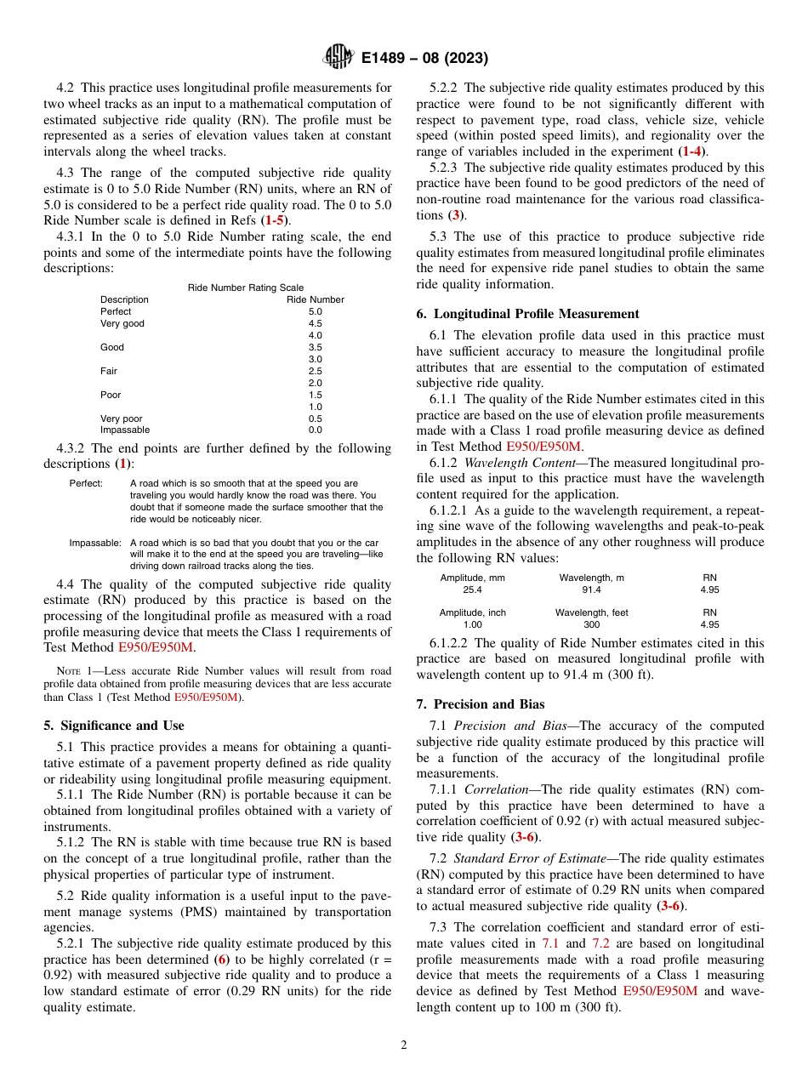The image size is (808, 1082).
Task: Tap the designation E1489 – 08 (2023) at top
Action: pyautogui.click(x=424, y=59)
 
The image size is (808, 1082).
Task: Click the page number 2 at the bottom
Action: pyautogui.click(x=404, y=1045)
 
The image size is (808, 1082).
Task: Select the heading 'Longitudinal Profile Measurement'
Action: pyautogui.click(x=527, y=314)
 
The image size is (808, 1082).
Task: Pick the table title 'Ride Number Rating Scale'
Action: pyautogui.click(x=245, y=288)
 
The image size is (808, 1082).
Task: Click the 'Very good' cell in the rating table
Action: pyautogui.click(x=122, y=323)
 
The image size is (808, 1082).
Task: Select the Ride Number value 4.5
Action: pyautogui.click(x=315, y=323)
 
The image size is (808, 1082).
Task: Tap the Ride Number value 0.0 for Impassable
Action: pyautogui.click(x=315, y=430)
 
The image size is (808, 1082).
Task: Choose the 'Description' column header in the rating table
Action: pyautogui.click(x=124, y=299)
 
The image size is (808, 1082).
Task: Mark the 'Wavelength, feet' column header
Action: pyautogui.click(x=591, y=612)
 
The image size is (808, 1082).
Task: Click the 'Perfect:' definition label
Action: pyautogui.click(x=86, y=483)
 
